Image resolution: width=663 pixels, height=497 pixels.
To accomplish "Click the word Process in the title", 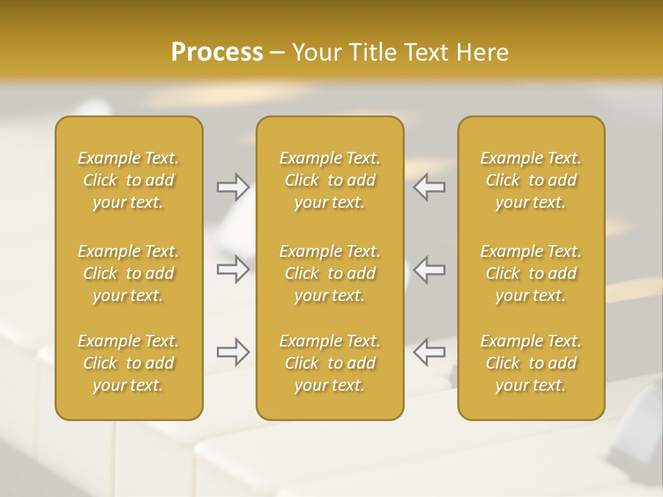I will coord(217,52).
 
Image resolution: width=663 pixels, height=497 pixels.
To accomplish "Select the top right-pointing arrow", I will coord(233,187).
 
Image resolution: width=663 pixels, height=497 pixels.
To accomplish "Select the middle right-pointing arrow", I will coord(233,269).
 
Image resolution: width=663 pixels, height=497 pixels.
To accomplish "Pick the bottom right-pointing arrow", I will coord(233,352).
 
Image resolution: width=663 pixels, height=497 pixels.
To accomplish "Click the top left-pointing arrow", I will coord(429,187).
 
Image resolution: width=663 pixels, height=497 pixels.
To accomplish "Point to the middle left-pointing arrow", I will coord(429,269).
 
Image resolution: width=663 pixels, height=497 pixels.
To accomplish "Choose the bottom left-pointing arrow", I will coord(429,352).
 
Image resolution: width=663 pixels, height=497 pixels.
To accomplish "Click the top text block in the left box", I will coord(128,180).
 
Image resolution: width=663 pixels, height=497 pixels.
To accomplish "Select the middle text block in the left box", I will coord(128,273).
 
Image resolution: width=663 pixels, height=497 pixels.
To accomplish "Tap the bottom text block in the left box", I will coord(128,363).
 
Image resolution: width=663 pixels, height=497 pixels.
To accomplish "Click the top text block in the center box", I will coord(330,180).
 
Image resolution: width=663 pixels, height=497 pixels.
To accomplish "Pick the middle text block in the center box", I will coord(330,273).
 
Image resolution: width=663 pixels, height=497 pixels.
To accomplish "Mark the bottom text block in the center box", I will coord(330,363).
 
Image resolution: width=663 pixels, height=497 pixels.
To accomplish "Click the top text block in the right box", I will coord(531,180).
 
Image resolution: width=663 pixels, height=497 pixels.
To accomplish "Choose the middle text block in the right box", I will coord(531,273).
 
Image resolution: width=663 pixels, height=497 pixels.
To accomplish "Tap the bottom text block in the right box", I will coord(531,363).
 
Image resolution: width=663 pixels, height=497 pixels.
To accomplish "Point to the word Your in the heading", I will coord(314,52).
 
